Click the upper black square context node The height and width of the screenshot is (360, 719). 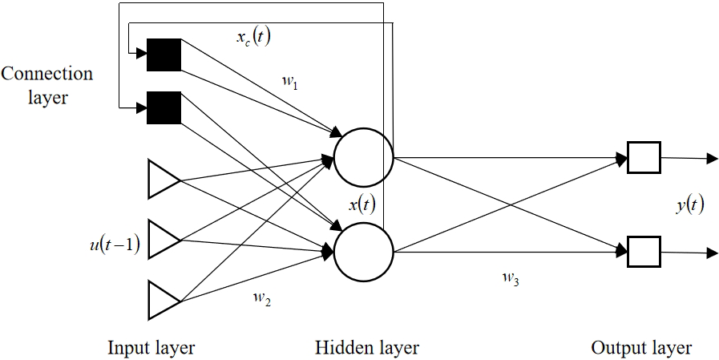164,55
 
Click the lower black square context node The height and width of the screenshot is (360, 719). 164,107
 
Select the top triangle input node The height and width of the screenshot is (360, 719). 162,179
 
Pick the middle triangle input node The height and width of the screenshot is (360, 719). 162,239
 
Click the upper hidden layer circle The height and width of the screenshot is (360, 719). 363,157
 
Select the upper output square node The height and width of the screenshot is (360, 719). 643,158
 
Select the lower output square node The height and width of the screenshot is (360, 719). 643,252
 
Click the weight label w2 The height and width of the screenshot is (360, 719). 262,298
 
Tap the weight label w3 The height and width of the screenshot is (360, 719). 509,278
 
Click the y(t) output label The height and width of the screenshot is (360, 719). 688,205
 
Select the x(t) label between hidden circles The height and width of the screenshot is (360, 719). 362,204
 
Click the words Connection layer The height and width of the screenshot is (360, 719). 46,86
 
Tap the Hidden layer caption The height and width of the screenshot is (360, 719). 367,347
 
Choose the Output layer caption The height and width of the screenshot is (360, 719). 641,347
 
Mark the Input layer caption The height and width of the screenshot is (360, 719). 151,347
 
